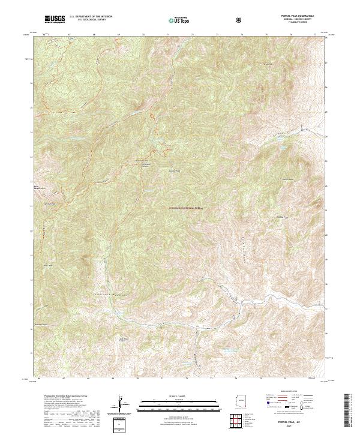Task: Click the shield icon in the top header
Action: [x=241, y=20]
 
